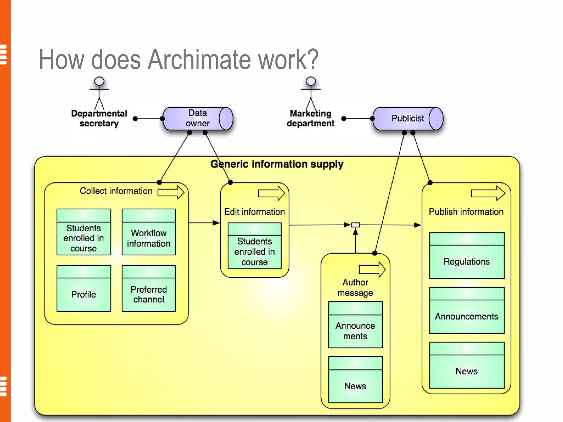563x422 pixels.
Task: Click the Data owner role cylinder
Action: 197,118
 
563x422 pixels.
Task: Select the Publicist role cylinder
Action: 408,118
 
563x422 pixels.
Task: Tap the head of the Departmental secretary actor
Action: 99,81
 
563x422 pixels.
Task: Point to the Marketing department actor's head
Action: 311,81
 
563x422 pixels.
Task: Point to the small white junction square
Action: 355,225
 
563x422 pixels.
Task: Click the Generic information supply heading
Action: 277,164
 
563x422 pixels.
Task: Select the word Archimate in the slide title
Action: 199,59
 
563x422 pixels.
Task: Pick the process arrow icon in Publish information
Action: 488,193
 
